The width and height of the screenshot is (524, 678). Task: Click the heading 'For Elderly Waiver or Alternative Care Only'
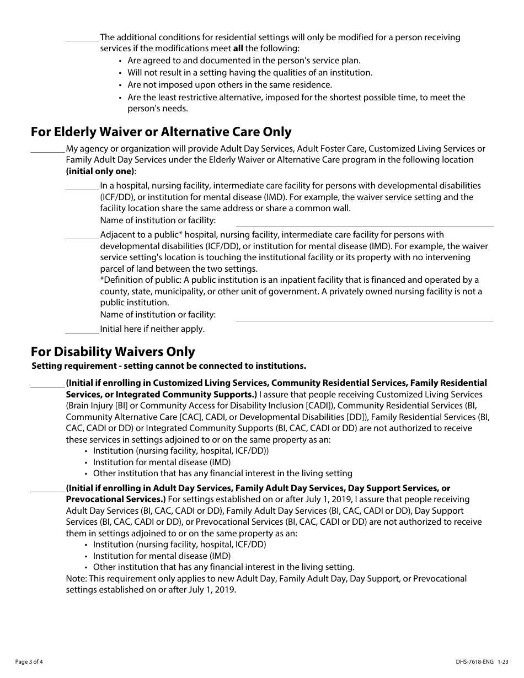(161, 132)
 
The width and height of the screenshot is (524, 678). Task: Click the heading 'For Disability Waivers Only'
(113, 352)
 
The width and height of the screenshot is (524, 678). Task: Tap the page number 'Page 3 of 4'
(29, 661)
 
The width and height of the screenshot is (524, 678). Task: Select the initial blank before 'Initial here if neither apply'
(82, 329)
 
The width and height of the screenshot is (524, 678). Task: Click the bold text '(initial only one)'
(100, 171)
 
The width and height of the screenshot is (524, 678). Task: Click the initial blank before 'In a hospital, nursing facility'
(82, 186)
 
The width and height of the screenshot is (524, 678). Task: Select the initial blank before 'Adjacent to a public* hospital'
(82, 235)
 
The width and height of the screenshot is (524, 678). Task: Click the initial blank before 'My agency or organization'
(47, 149)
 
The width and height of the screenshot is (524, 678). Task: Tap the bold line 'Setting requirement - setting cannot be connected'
(169, 366)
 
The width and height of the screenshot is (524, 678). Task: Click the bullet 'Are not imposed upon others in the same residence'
(229, 85)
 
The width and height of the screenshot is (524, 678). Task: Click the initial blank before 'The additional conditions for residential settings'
(82, 38)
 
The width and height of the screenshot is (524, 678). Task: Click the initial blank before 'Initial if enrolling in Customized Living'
(47, 383)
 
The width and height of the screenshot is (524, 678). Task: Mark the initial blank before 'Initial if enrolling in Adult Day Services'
(47, 489)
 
